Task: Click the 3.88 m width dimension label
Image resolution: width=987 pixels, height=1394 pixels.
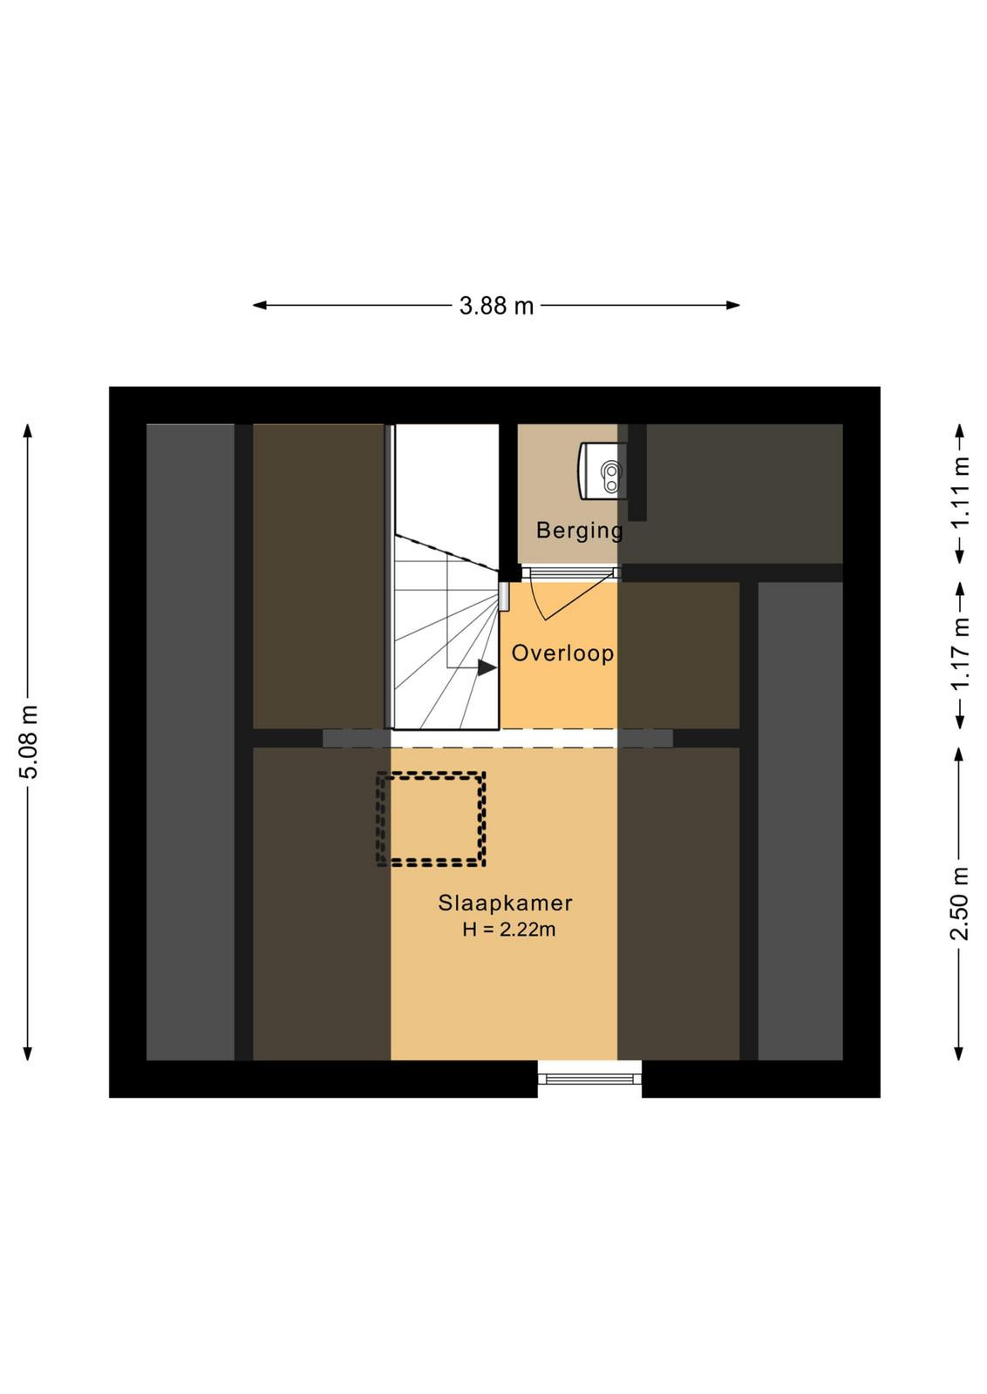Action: click(496, 306)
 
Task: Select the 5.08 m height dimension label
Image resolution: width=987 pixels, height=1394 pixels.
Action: click(30, 741)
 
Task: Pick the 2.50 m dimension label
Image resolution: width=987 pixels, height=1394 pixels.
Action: click(960, 903)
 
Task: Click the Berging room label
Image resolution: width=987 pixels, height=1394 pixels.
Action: click(579, 531)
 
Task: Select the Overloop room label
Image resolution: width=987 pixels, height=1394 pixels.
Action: click(562, 653)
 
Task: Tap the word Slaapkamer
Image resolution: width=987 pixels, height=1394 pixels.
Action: click(505, 903)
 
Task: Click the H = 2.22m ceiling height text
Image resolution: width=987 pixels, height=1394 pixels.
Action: click(508, 930)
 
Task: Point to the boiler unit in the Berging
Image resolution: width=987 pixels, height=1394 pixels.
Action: click(602, 470)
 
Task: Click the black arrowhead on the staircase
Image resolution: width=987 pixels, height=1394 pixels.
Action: click(487, 667)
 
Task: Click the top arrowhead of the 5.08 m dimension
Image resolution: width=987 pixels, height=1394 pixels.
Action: click(27, 430)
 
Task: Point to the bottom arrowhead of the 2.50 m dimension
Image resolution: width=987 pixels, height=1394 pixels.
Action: click(960, 1053)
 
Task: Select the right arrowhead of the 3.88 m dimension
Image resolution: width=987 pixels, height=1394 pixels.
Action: click(732, 306)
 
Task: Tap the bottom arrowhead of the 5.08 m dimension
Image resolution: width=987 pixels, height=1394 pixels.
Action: click(27, 1053)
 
